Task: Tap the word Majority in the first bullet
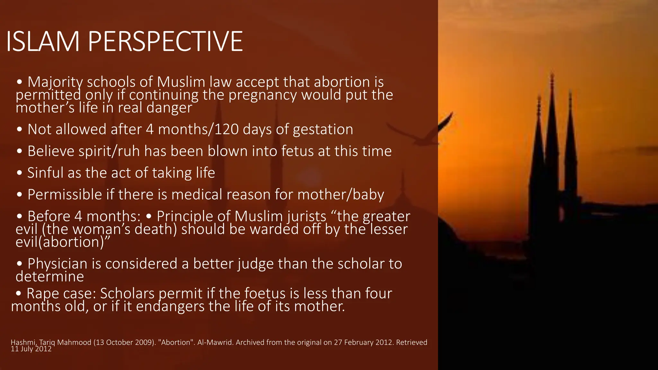tap(55, 82)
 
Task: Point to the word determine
tap(50, 277)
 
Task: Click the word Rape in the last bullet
tap(43, 294)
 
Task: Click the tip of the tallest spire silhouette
tap(552, 75)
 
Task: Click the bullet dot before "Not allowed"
tap(20, 130)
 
